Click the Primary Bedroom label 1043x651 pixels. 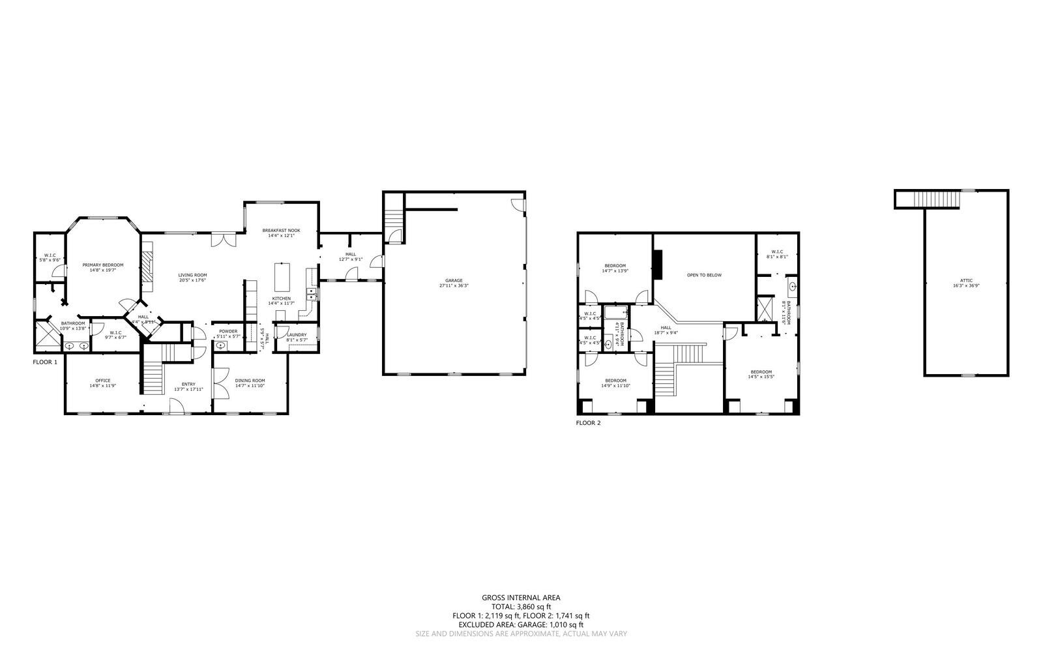point(102,265)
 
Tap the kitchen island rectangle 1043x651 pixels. point(282,276)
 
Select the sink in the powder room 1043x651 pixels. point(220,346)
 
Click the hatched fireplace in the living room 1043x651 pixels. point(148,267)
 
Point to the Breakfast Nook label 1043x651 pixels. point(281,231)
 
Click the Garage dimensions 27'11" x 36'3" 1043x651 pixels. point(454,285)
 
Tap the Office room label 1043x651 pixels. point(102,381)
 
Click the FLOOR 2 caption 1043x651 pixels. point(588,423)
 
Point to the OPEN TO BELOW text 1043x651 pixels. point(704,275)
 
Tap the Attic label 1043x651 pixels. point(966,281)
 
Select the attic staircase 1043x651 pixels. point(936,199)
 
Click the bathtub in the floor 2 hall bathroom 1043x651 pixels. point(615,313)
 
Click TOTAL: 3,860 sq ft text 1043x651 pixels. point(521,606)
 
